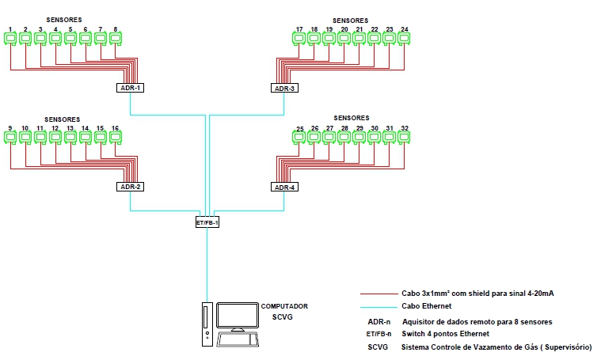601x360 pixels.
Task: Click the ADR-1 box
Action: (x=130, y=88)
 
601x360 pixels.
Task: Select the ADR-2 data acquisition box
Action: (x=130, y=187)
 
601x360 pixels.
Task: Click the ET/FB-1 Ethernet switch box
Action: (x=207, y=222)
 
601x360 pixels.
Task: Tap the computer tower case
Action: (x=206, y=324)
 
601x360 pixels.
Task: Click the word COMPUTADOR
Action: (x=284, y=306)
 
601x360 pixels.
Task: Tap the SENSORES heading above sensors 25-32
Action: (x=351, y=119)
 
